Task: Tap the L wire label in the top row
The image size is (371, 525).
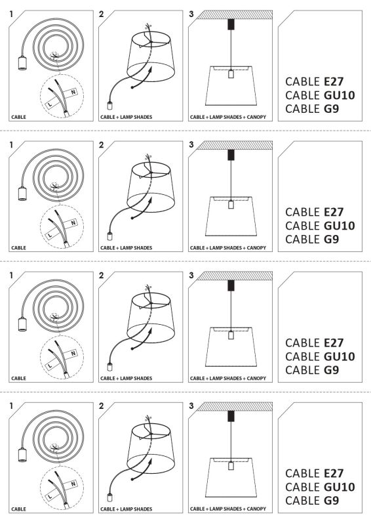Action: click(x=50, y=103)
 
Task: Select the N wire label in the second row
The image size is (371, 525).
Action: click(x=73, y=223)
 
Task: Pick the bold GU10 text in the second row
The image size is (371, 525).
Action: click(x=339, y=226)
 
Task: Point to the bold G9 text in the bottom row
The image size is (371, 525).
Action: click(x=332, y=500)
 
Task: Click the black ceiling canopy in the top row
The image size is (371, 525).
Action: click(x=229, y=24)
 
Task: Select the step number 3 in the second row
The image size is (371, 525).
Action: click(x=191, y=144)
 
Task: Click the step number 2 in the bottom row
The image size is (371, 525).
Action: click(x=101, y=406)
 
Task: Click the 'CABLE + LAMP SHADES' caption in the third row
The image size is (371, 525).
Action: click(x=126, y=379)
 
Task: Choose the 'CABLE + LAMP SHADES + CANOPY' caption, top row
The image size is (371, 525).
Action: click(x=227, y=117)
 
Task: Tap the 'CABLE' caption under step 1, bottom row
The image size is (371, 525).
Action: click(x=19, y=509)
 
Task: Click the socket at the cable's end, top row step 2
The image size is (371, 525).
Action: click(x=109, y=105)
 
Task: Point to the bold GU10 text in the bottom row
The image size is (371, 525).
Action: click(x=339, y=486)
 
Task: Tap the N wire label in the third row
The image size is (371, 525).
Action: click(x=73, y=353)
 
